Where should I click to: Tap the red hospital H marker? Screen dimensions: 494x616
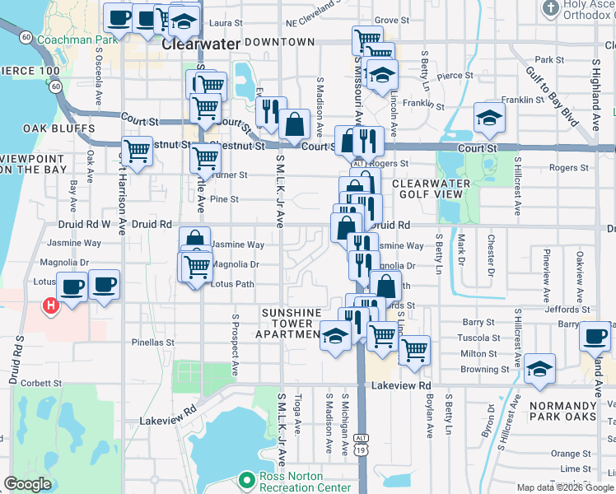tap(50, 306)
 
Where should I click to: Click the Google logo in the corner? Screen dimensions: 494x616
tap(27, 484)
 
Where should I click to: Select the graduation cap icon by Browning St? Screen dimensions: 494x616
tap(539, 369)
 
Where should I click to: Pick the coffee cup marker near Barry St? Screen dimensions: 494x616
tap(595, 336)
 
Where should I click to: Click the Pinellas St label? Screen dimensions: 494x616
tap(153, 342)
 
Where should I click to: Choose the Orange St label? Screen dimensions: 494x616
tap(566, 453)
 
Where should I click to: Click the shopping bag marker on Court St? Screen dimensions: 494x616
tap(294, 125)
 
